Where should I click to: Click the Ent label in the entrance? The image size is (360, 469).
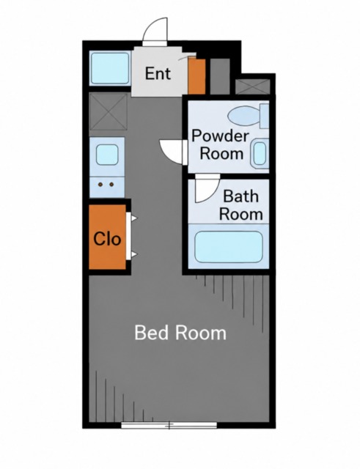pos(158,73)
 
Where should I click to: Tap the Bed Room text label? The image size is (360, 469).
pos(180,333)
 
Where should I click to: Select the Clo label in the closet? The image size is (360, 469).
pos(107,239)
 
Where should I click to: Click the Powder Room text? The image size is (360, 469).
pos(221,145)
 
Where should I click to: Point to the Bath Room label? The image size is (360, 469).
pos(241,205)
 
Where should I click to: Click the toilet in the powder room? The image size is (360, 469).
pos(248,116)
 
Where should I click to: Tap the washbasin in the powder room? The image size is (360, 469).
pos(260,153)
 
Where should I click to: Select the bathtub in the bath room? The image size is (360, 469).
pos(229,247)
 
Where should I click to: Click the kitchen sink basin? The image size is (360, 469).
pos(107,155)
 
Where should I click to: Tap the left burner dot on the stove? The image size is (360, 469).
pos(101,185)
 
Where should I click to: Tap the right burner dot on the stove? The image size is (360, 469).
pos(111,185)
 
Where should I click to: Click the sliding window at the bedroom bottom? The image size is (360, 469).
pos(169,425)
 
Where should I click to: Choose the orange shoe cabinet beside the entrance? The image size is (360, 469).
pos(196,76)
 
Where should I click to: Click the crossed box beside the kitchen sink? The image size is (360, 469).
pos(109,111)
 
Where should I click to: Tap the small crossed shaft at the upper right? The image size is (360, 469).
pos(253,86)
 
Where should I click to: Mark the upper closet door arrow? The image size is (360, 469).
pos(134,218)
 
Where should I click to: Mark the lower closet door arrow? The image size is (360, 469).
pos(134,254)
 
